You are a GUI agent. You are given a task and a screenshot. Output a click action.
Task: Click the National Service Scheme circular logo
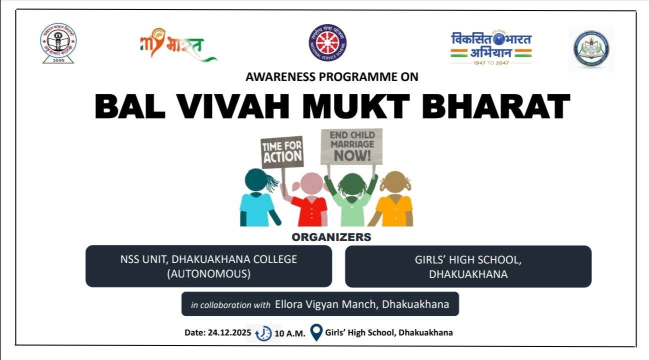pos(327,42)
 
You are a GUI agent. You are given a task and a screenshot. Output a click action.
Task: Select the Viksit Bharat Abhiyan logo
pos(491,47)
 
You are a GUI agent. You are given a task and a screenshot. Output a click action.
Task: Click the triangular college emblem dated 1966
pos(58,43)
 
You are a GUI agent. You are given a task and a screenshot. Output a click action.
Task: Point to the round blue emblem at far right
pos(591,49)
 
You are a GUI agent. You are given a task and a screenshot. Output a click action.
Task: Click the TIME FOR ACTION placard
pos(282,152)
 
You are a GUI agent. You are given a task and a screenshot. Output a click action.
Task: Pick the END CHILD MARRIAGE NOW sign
pos(351,146)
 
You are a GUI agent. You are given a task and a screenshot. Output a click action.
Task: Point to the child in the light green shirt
pos(351,200)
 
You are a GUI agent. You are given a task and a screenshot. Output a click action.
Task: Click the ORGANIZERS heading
pos(331,237)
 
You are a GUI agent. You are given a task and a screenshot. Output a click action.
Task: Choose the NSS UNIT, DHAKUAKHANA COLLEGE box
pos(208,266)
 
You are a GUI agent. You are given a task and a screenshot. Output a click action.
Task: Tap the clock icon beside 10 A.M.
pos(264,333)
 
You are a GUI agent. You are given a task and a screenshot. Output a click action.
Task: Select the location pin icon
pos(316,332)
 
